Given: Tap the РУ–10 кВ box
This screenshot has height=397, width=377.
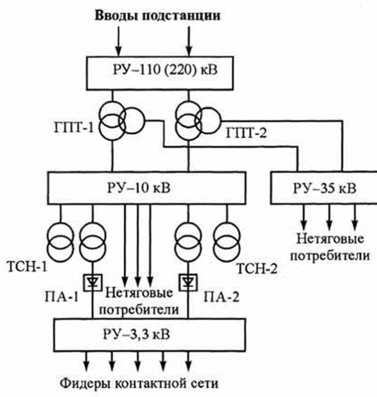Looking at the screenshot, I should click(147, 187).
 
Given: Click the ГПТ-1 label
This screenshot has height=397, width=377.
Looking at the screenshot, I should click(82, 128).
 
